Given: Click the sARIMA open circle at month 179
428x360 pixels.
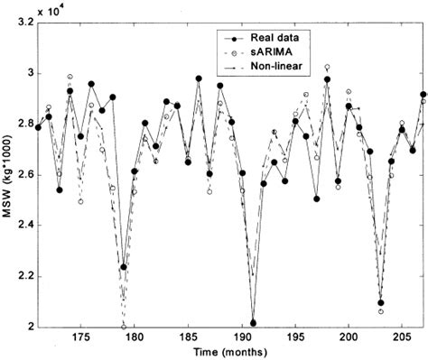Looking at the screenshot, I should tap(124, 327).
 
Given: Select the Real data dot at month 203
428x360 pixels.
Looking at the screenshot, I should tap(381, 303).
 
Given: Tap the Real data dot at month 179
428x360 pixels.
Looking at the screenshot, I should tap(124, 266).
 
